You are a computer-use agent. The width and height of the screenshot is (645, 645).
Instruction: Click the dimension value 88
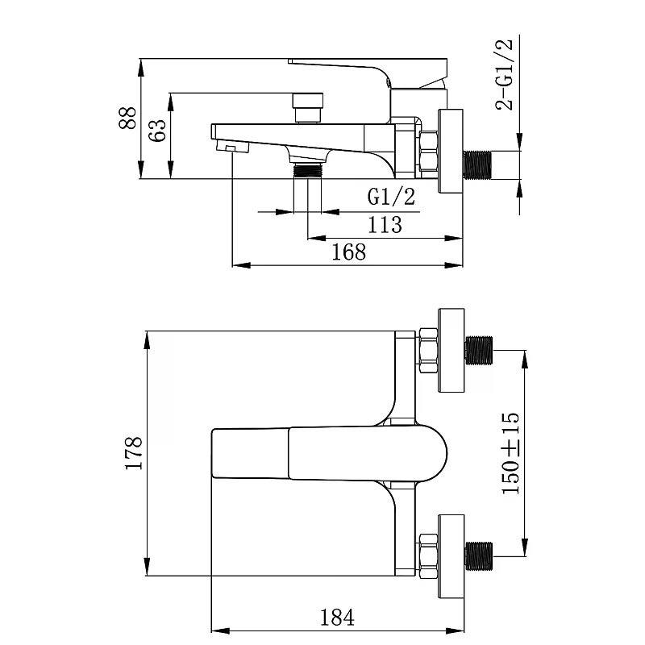point(127,118)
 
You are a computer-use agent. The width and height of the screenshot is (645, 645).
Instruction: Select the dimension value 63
point(157,131)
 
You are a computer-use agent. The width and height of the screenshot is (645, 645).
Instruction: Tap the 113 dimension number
point(385,225)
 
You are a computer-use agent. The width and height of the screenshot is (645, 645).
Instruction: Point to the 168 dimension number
point(349,252)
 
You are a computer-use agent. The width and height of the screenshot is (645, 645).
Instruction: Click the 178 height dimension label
point(134,453)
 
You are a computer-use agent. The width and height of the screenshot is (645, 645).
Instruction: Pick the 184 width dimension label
point(337,617)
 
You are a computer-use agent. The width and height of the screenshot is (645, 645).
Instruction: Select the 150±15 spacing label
point(511,453)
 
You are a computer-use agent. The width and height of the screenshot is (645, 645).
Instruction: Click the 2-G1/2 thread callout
point(505,74)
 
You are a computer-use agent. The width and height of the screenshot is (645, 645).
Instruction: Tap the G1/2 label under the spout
point(391,196)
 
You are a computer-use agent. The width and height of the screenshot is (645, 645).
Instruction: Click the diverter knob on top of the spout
point(308,108)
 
